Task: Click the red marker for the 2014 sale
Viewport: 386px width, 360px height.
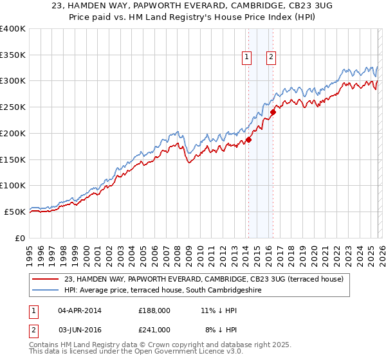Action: point(248,139)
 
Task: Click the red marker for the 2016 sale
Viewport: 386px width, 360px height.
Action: point(273,111)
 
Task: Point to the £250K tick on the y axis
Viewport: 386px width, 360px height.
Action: point(13,107)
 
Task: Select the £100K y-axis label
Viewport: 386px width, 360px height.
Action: point(13,186)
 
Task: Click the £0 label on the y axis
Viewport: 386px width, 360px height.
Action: point(19,238)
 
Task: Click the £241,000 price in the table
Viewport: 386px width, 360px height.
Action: point(154,329)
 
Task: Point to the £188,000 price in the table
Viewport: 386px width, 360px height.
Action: point(154,310)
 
